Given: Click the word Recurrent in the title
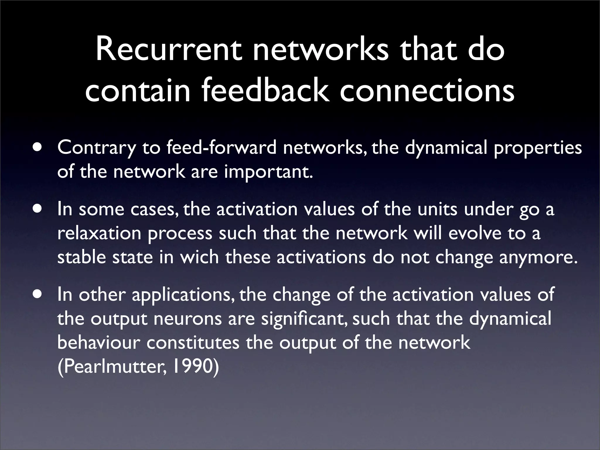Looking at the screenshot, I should [170, 50].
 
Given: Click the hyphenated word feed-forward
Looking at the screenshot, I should [221, 148].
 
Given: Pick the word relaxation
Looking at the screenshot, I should [99, 233].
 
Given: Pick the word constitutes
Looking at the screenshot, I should [193, 342].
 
